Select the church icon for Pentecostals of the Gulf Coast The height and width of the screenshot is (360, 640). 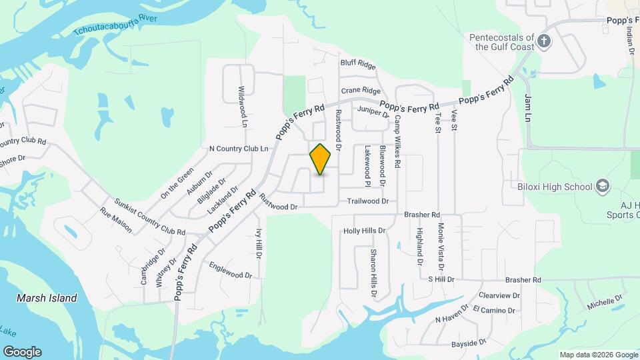tap(544, 41)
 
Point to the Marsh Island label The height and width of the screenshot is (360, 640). tap(47, 298)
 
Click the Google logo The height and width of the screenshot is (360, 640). tap(22, 352)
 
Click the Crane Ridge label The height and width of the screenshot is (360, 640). tap(361, 91)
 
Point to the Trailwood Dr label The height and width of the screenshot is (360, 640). tap(367, 201)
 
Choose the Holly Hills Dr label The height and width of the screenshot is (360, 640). tap(365, 231)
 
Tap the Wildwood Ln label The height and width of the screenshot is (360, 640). tap(243, 106)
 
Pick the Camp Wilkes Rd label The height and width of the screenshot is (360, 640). tap(397, 141)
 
